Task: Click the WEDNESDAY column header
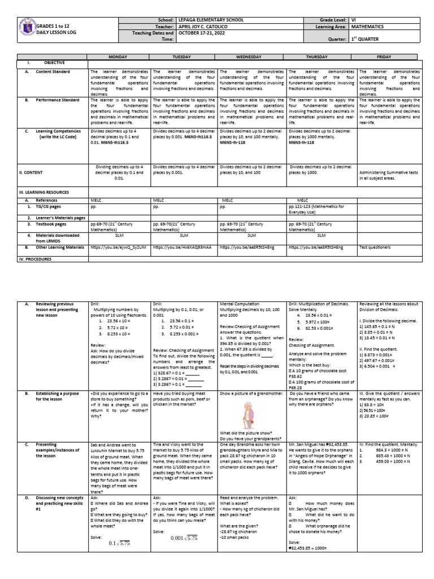pos(253,57)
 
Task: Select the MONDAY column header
pos(119,57)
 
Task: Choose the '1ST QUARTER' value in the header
pos(369,39)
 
